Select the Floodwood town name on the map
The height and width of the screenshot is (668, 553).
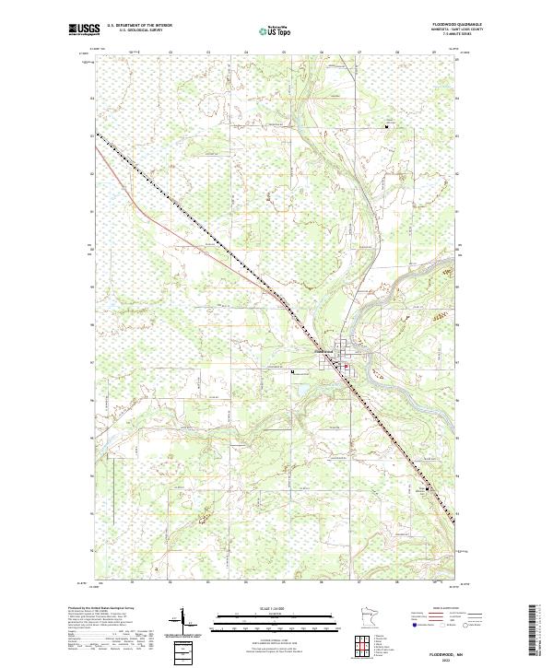(x=323, y=349)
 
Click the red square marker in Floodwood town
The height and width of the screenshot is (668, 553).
(x=346, y=371)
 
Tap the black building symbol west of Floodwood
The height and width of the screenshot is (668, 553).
(x=293, y=372)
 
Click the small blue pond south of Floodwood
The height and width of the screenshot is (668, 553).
(x=296, y=393)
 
